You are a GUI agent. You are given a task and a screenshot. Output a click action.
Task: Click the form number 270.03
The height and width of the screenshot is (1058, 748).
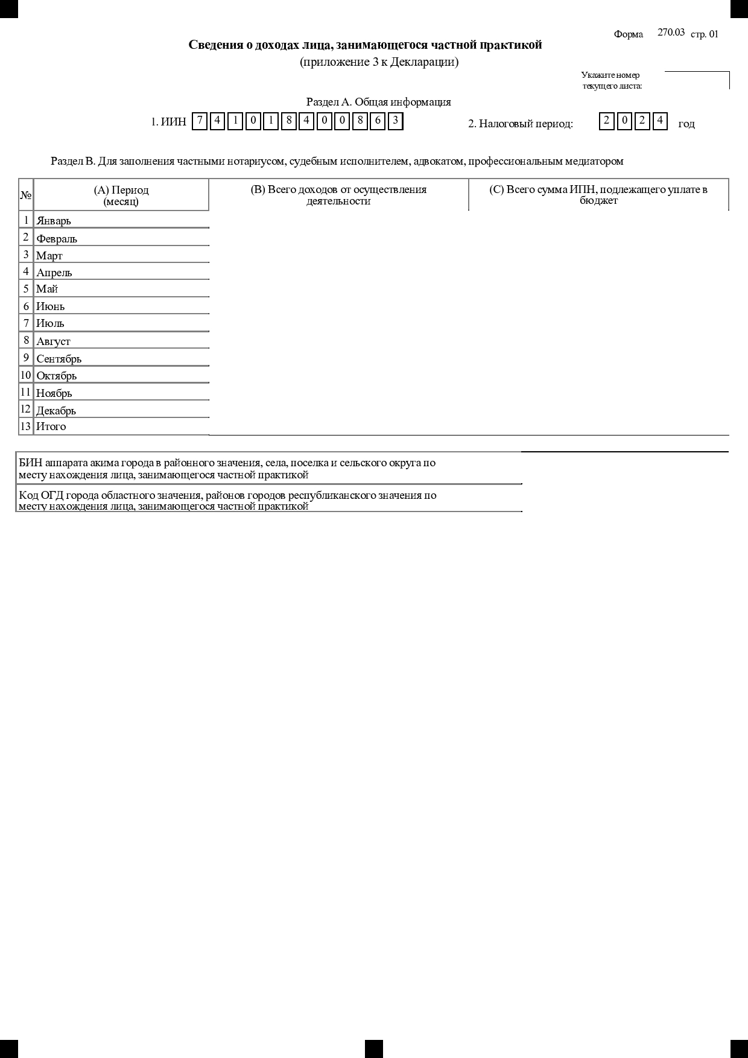(671, 33)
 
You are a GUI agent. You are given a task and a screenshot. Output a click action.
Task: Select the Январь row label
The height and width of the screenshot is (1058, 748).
(54, 221)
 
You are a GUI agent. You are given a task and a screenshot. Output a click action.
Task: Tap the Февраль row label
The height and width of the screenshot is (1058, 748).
(57, 238)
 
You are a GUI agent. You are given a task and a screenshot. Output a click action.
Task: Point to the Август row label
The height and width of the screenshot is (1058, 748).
(53, 341)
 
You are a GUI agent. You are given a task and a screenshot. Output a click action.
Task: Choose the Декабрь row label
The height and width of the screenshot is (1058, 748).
(56, 410)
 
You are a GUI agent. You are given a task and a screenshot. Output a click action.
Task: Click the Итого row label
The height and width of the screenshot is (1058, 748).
(51, 426)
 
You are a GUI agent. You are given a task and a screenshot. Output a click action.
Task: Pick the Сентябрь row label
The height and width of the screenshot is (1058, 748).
(59, 358)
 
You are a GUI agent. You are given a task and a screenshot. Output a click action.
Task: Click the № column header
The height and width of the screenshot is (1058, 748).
(26, 195)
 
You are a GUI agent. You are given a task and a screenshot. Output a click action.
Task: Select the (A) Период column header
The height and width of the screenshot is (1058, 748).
(121, 195)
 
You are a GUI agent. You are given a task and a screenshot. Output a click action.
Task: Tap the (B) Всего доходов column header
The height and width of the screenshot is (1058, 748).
(338, 195)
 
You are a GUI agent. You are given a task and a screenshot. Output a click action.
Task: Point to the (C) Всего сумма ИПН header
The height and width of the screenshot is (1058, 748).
(598, 195)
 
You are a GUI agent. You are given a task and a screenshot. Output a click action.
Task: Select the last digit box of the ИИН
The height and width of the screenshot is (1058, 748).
(395, 121)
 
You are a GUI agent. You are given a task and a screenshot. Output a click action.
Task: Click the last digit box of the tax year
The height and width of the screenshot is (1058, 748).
(660, 121)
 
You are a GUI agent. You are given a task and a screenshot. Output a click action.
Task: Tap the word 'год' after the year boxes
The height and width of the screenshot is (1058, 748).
(686, 124)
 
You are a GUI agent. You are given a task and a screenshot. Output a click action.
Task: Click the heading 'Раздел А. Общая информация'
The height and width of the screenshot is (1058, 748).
(378, 102)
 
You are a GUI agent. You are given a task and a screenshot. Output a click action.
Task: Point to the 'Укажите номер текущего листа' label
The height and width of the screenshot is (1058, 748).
(611, 80)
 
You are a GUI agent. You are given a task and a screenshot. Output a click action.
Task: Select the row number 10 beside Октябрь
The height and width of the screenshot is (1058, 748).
(26, 375)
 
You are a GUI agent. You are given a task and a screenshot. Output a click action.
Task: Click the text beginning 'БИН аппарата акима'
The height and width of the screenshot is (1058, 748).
(227, 469)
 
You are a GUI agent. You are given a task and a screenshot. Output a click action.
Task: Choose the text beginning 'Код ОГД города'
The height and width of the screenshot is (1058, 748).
(227, 501)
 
